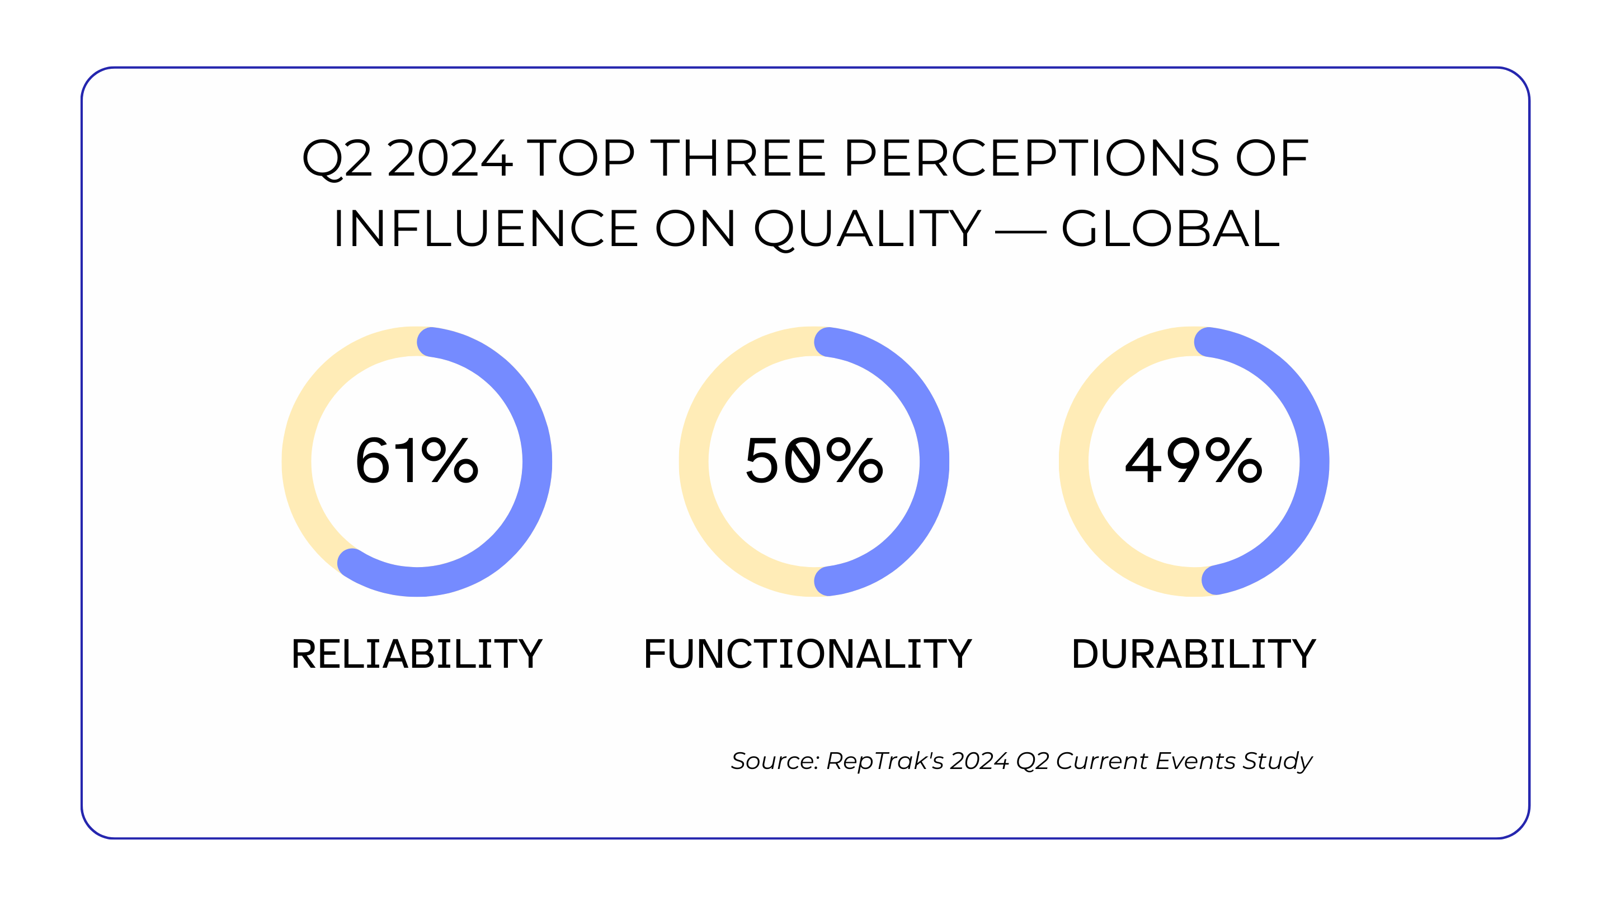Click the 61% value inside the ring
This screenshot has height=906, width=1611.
[417, 461]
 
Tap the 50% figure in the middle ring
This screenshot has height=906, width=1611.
[814, 461]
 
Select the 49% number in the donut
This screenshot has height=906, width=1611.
[1193, 461]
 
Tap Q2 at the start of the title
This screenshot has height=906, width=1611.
[336, 159]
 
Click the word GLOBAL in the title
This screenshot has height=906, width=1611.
[1170, 229]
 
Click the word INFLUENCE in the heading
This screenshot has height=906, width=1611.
[486, 229]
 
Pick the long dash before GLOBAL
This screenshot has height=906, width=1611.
[1020, 232]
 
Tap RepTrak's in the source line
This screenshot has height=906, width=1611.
[884, 761]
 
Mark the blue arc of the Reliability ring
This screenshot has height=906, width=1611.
[536, 461]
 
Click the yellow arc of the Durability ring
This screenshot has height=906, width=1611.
[1075, 461]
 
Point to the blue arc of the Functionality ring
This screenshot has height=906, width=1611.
[934, 461]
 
